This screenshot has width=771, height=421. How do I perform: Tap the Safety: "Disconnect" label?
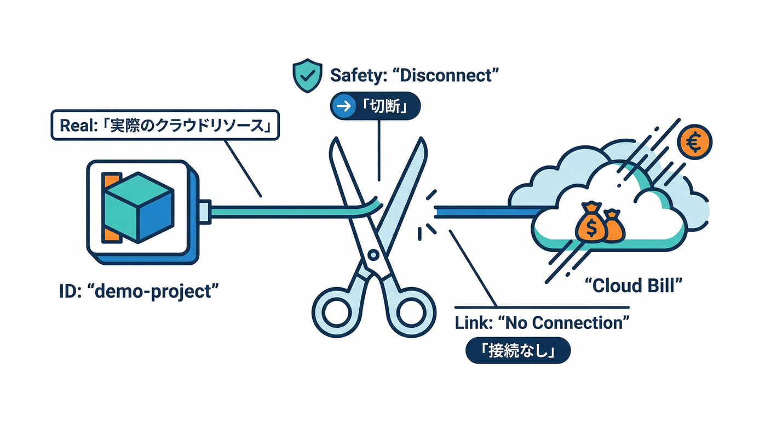(x=416, y=75)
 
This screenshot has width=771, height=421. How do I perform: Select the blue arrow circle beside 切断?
(x=344, y=106)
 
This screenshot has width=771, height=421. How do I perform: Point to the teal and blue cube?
(x=139, y=207)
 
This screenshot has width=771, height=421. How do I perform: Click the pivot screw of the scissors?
(x=373, y=254)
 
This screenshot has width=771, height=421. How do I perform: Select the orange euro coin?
(x=694, y=143)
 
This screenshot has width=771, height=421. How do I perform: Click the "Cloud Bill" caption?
(x=634, y=285)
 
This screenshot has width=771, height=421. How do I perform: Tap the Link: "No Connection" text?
(x=539, y=323)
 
